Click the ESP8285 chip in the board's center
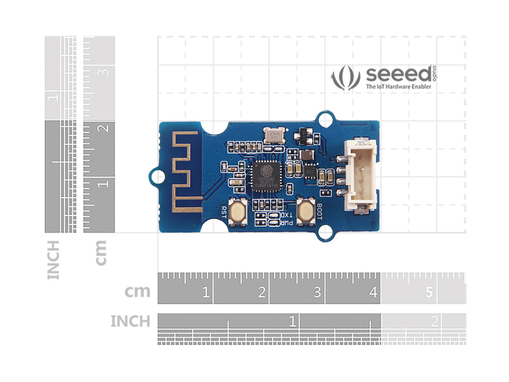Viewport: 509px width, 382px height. (x=267, y=176)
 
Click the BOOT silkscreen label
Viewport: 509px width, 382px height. (x=319, y=212)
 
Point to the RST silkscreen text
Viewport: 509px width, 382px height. (x=223, y=212)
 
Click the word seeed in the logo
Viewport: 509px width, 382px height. (x=398, y=75)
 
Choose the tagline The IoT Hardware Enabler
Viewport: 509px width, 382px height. (x=398, y=87)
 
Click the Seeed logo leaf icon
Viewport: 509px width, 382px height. (x=345, y=78)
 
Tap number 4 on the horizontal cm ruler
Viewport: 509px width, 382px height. (x=373, y=292)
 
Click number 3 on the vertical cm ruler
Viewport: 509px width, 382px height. (x=104, y=72)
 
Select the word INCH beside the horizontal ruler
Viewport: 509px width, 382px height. (x=130, y=321)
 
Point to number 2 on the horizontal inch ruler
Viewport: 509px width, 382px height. (x=434, y=321)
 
